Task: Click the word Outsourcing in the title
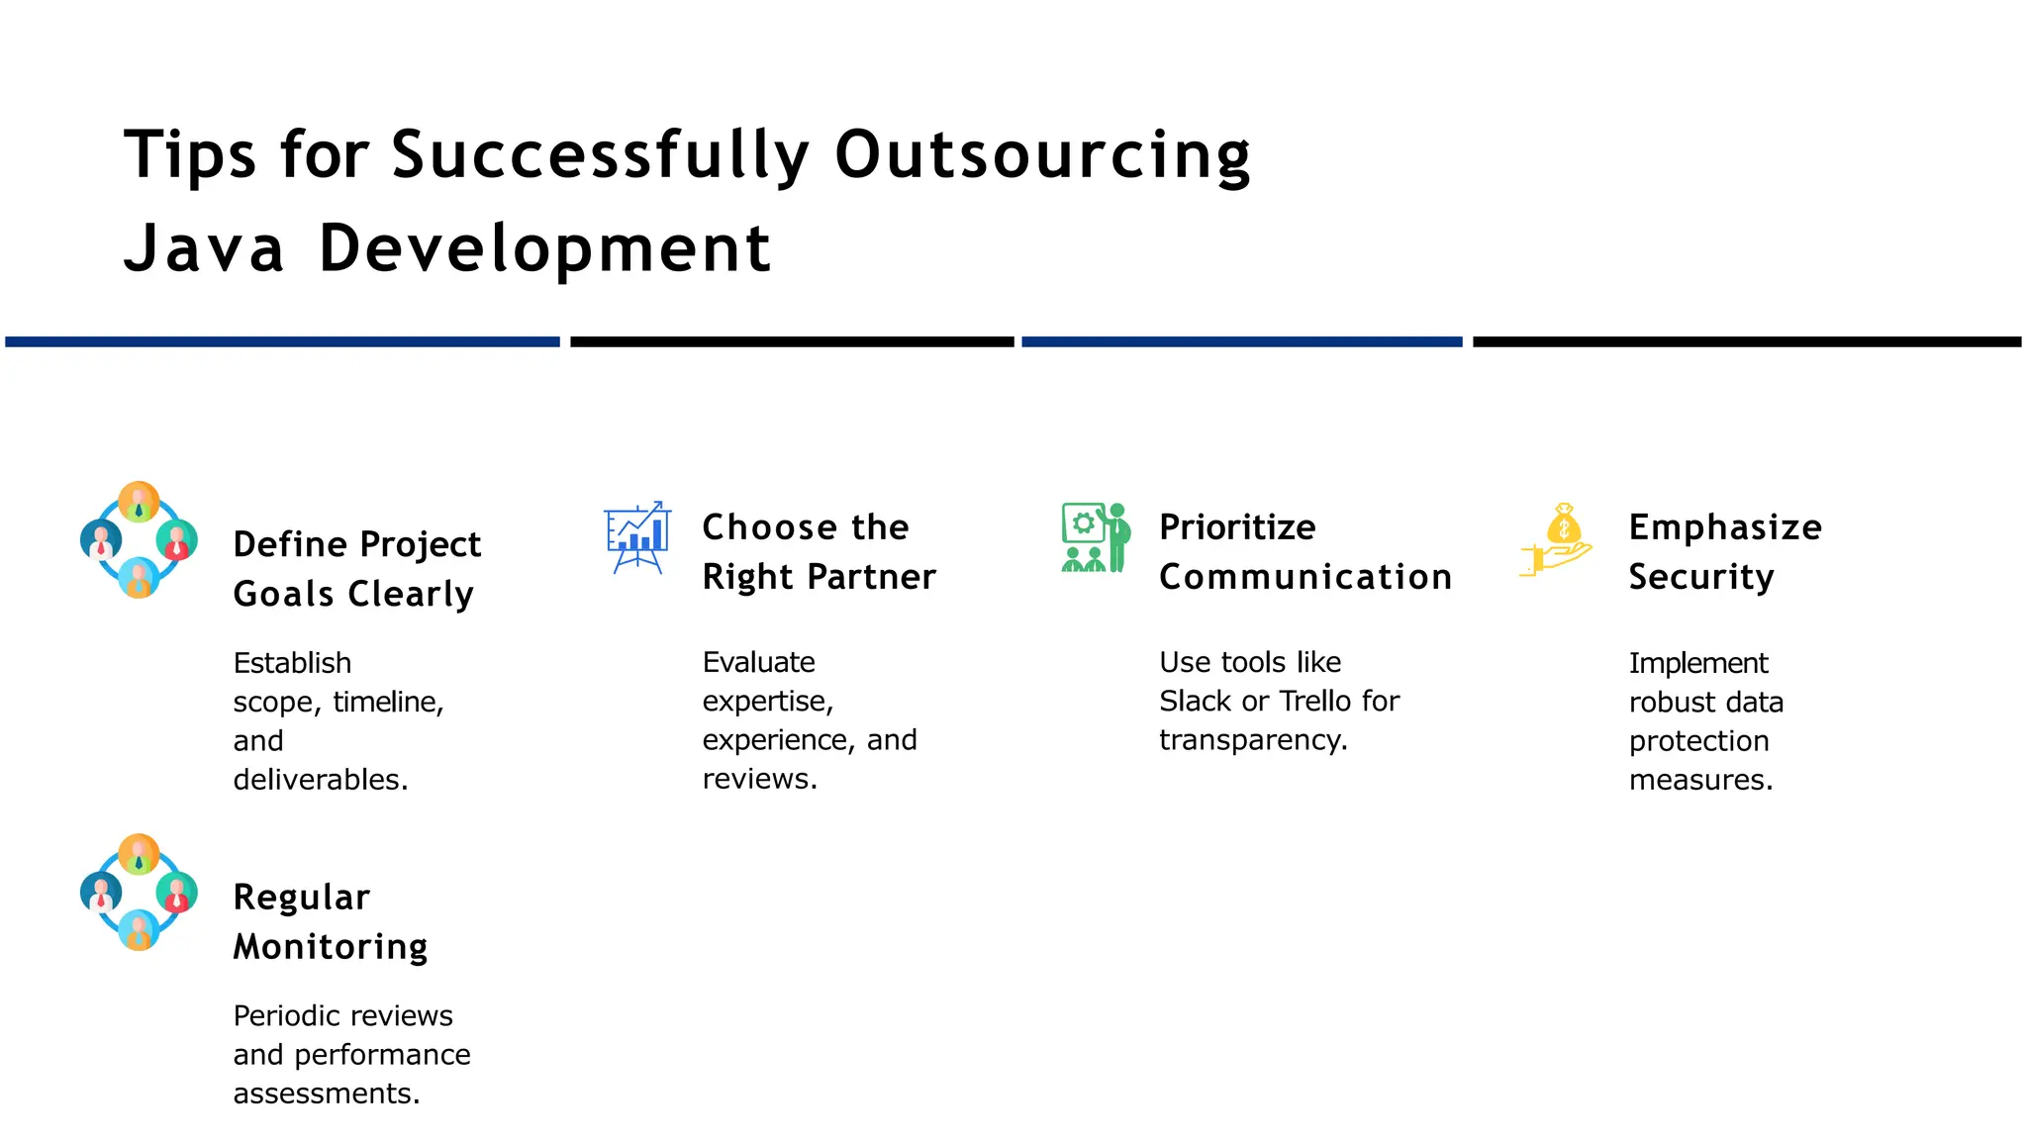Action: (1042, 156)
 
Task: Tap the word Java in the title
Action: (204, 248)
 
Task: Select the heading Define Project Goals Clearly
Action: (356, 569)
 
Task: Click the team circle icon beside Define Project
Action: (139, 540)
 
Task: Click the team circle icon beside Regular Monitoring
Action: (139, 893)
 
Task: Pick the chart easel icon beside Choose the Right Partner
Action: (637, 537)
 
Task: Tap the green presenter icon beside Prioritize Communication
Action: (1096, 537)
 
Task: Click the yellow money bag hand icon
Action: (1557, 539)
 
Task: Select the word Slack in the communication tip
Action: (1195, 702)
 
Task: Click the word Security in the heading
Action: (1700, 578)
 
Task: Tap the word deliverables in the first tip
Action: (319, 780)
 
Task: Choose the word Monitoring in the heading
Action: (331, 947)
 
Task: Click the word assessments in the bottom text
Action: (326, 1093)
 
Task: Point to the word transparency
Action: (1252, 740)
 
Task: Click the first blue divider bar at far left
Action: (282, 341)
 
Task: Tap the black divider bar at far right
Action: (1746, 341)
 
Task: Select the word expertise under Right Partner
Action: (767, 702)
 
